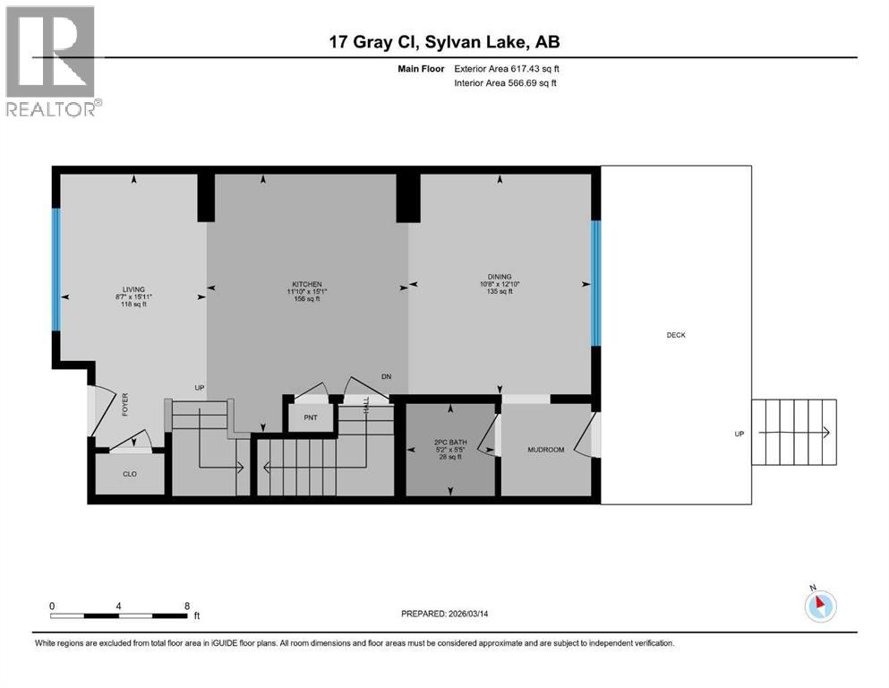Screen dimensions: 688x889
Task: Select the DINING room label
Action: (x=500, y=277)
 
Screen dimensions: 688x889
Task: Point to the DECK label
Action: (x=676, y=335)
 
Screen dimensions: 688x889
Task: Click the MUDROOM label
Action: (x=545, y=450)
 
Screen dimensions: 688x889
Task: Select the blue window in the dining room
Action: (x=595, y=283)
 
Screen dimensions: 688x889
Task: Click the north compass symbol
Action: (x=820, y=605)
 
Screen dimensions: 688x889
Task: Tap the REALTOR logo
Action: (x=50, y=61)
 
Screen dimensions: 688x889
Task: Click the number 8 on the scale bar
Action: (x=186, y=606)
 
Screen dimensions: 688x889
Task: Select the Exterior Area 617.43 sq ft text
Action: (x=508, y=68)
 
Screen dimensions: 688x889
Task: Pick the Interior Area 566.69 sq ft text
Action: (x=508, y=83)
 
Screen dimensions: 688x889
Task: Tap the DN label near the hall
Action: (x=386, y=377)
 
